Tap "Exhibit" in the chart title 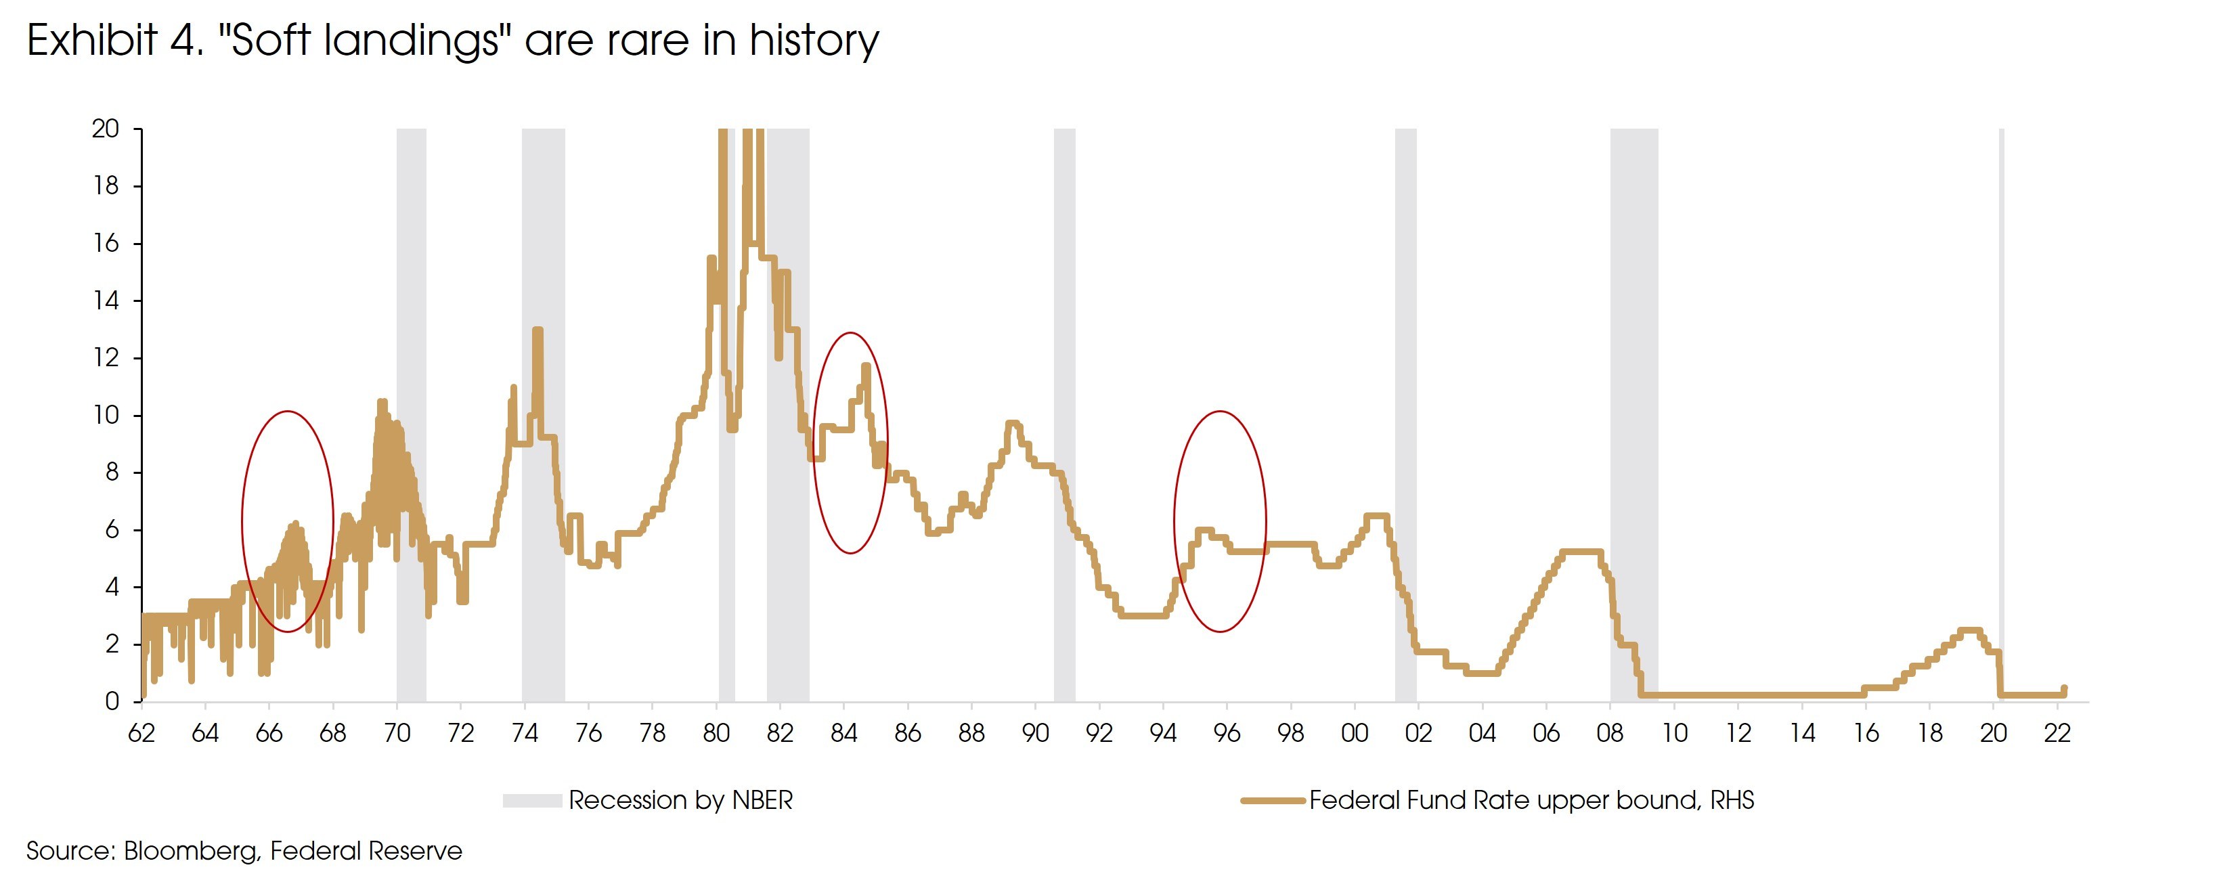tap(92, 40)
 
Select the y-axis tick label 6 tap(111, 530)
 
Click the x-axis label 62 tap(141, 733)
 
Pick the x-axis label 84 tap(843, 733)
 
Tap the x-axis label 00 tap(1355, 733)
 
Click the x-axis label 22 tap(2057, 733)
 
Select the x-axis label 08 tap(1610, 733)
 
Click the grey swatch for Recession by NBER tap(531, 800)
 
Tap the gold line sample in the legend tap(1273, 800)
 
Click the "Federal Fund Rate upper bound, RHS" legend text tap(1531, 800)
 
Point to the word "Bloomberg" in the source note tap(191, 850)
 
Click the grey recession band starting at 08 tap(1633, 391)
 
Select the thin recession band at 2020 tap(2002, 391)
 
